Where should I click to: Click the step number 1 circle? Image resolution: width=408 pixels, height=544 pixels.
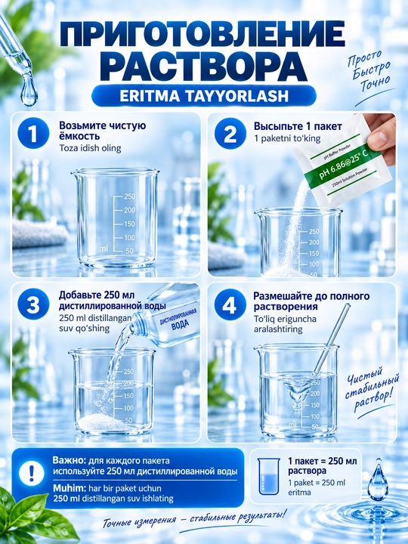pos(33,134)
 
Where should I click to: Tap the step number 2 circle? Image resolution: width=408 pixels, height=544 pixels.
pos(229,134)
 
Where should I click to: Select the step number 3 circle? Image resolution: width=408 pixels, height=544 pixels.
pos(33,305)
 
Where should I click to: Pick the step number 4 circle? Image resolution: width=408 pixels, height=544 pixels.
pos(229,305)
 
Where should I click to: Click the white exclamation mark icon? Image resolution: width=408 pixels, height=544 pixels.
pos(32,473)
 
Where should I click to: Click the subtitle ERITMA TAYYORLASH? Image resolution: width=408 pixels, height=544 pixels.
pos(204,96)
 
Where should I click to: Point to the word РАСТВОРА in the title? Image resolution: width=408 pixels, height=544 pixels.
pos(206,66)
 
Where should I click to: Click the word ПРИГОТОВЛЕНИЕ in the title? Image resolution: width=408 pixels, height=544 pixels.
pos(203,34)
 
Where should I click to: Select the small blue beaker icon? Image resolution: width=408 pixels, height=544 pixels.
pos(269,476)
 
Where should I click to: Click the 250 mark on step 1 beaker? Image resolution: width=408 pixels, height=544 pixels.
pos(130,196)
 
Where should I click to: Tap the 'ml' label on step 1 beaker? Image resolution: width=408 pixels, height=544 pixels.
pos(104,249)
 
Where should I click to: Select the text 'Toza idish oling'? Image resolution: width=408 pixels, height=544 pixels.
pos(90,149)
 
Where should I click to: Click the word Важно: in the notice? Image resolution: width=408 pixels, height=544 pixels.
pos(69,461)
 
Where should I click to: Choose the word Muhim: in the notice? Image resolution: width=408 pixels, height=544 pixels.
pos(69,488)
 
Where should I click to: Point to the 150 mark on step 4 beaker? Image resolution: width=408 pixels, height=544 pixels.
pos(314,405)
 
